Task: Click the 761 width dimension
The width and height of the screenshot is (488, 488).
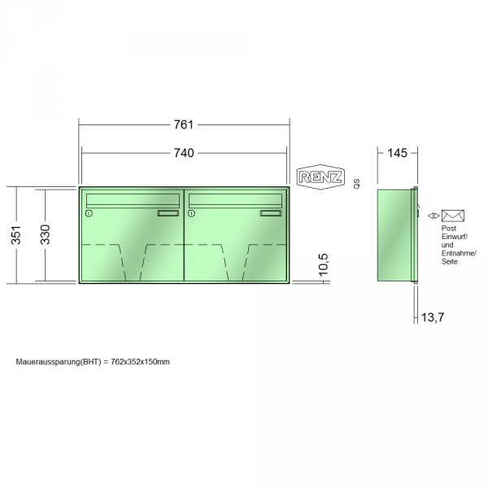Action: pos(184,124)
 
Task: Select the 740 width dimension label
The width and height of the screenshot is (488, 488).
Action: pos(184,153)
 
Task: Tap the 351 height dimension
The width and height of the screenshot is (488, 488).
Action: pos(16,235)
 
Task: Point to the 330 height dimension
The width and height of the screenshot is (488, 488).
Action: pos(45,234)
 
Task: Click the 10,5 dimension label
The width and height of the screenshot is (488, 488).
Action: pos(324,264)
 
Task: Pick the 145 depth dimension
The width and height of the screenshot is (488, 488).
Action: pos(397,153)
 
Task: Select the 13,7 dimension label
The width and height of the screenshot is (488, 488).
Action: pos(433,317)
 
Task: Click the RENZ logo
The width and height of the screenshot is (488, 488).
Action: pos(320,177)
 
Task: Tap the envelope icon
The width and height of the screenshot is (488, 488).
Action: pos(453,216)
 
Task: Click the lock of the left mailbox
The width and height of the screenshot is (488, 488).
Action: pos(89,213)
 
